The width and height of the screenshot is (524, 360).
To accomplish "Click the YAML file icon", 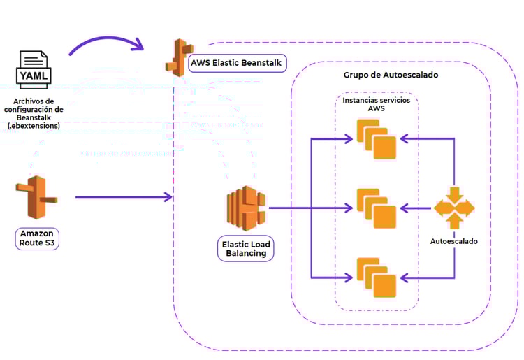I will point(34,69).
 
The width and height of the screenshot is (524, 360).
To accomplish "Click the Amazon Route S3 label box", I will point(37,238).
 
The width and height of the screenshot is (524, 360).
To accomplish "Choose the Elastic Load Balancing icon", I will point(245,208).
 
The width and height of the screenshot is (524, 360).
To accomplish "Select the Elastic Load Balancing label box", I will point(246,249).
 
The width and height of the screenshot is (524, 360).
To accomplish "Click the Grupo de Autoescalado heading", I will point(391,75).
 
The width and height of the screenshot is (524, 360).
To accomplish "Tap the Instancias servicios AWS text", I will point(376,105).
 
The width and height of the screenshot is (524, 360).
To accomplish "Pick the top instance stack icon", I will point(376,139).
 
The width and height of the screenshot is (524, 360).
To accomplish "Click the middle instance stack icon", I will point(376,208).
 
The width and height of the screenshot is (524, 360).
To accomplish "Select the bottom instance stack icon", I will point(376,278).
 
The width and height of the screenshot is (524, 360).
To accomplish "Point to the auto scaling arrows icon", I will point(454,208).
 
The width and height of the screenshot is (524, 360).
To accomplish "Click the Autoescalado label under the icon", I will point(454,242).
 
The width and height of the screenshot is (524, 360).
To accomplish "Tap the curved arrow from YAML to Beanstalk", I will point(105,41).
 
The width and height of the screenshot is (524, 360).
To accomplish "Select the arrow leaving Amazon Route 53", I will point(122,197).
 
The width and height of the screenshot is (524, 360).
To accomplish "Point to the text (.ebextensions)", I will point(33,127).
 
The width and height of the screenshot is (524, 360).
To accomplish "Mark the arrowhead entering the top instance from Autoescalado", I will point(403,138).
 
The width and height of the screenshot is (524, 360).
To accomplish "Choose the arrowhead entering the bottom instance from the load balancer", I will point(349,278).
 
